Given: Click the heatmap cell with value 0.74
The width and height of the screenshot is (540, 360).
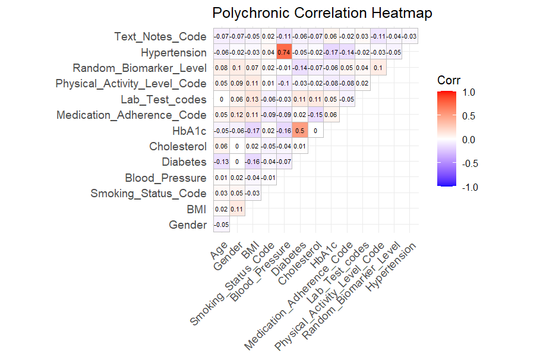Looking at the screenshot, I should pos(284,52).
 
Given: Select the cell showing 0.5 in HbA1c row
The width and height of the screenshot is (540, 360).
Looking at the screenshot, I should pos(300,130).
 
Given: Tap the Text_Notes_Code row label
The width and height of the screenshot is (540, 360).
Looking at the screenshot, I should pos(160,37).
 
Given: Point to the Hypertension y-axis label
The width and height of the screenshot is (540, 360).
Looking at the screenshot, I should pos(173,52).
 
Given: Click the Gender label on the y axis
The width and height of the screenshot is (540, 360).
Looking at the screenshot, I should pos(188,225).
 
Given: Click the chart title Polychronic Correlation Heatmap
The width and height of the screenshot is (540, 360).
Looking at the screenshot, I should pos(322,13).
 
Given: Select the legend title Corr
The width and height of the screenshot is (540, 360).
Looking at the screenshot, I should pos(448,80).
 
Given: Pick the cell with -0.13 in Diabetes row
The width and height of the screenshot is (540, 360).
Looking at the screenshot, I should pos(221,162).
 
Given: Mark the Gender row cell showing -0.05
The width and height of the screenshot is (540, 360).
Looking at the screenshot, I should pos(221,225).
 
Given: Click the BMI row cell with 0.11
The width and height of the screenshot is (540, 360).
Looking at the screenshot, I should pos(237,209).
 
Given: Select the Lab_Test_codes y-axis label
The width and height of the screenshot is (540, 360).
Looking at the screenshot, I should pos(163,99).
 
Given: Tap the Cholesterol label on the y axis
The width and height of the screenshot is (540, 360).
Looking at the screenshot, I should pos(178,146).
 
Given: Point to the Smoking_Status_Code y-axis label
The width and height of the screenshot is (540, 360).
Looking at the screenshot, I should pos(149,193).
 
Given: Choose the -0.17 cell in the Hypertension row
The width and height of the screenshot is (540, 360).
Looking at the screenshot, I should pos(331,52).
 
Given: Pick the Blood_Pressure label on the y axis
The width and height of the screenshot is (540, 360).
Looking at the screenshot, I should pos(166,178).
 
